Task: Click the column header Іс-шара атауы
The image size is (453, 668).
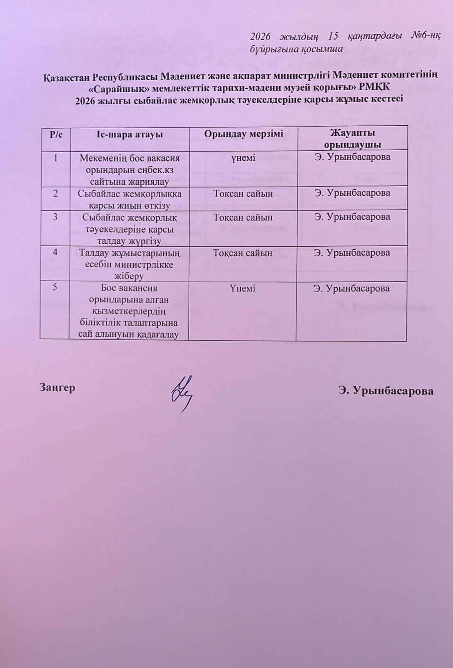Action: (129, 134)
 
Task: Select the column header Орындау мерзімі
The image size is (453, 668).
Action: (243, 134)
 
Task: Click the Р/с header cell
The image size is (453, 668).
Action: (56, 134)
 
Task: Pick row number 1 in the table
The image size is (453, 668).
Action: (56, 158)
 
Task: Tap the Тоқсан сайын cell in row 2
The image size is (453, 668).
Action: (243, 193)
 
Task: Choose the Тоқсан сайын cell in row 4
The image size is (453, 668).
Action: (243, 253)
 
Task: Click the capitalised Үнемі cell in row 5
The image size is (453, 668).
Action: (242, 288)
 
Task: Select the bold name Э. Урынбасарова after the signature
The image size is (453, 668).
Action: (386, 391)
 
